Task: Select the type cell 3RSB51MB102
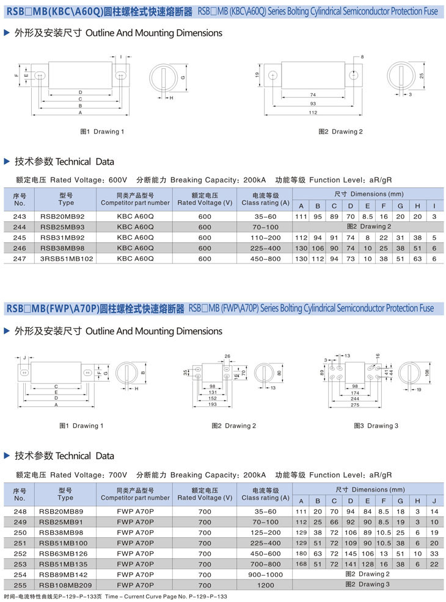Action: tap(66, 259)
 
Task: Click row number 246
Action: tap(19, 248)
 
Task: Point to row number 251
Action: tap(19, 543)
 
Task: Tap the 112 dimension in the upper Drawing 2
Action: tap(313, 113)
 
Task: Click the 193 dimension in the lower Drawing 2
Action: tap(213, 405)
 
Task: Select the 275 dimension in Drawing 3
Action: tap(355, 405)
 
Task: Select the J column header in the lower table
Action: tap(434, 501)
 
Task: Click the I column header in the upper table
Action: tap(434, 206)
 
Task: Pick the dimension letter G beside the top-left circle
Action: tap(183, 77)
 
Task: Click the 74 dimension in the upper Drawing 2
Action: tap(313, 95)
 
